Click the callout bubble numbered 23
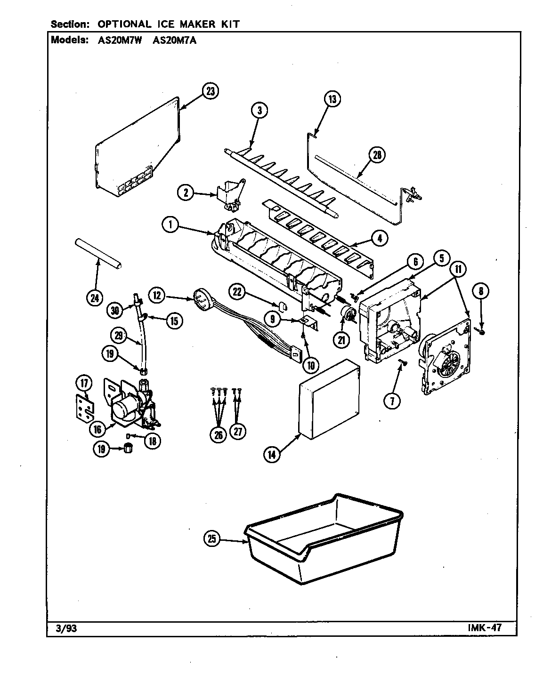pyautogui.click(x=210, y=91)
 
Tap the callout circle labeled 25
pyautogui.click(x=212, y=539)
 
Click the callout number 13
pyautogui.click(x=332, y=99)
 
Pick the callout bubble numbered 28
pyautogui.click(x=377, y=155)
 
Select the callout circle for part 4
pyautogui.click(x=379, y=239)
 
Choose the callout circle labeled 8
pyautogui.click(x=480, y=292)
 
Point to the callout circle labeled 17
pyautogui.click(x=84, y=384)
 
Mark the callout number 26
pyautogui.click(x=219, y=435)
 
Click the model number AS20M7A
pyautogui.click(x=175, y=40)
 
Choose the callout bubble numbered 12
pyautogui.click(x=158, y=296)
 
